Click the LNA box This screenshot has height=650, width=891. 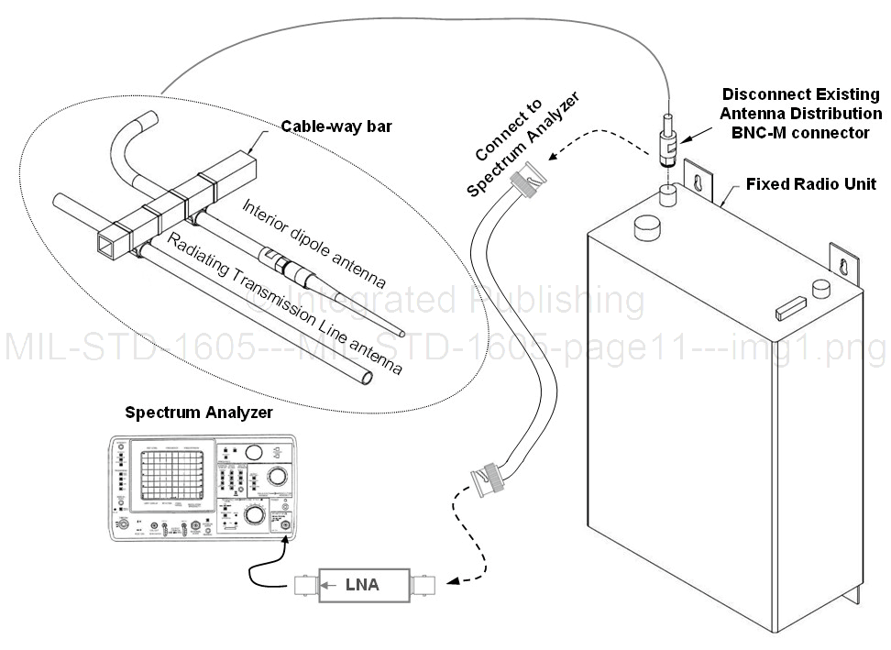361,584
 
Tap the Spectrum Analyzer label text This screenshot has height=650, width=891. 199,413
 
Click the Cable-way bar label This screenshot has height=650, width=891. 336,127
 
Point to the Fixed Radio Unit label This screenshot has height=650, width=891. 810,184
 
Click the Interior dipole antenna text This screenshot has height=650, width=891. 313,239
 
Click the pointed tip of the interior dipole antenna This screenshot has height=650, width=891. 401,335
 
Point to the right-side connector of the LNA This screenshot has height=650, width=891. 425,584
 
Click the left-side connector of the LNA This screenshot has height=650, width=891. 304,584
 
